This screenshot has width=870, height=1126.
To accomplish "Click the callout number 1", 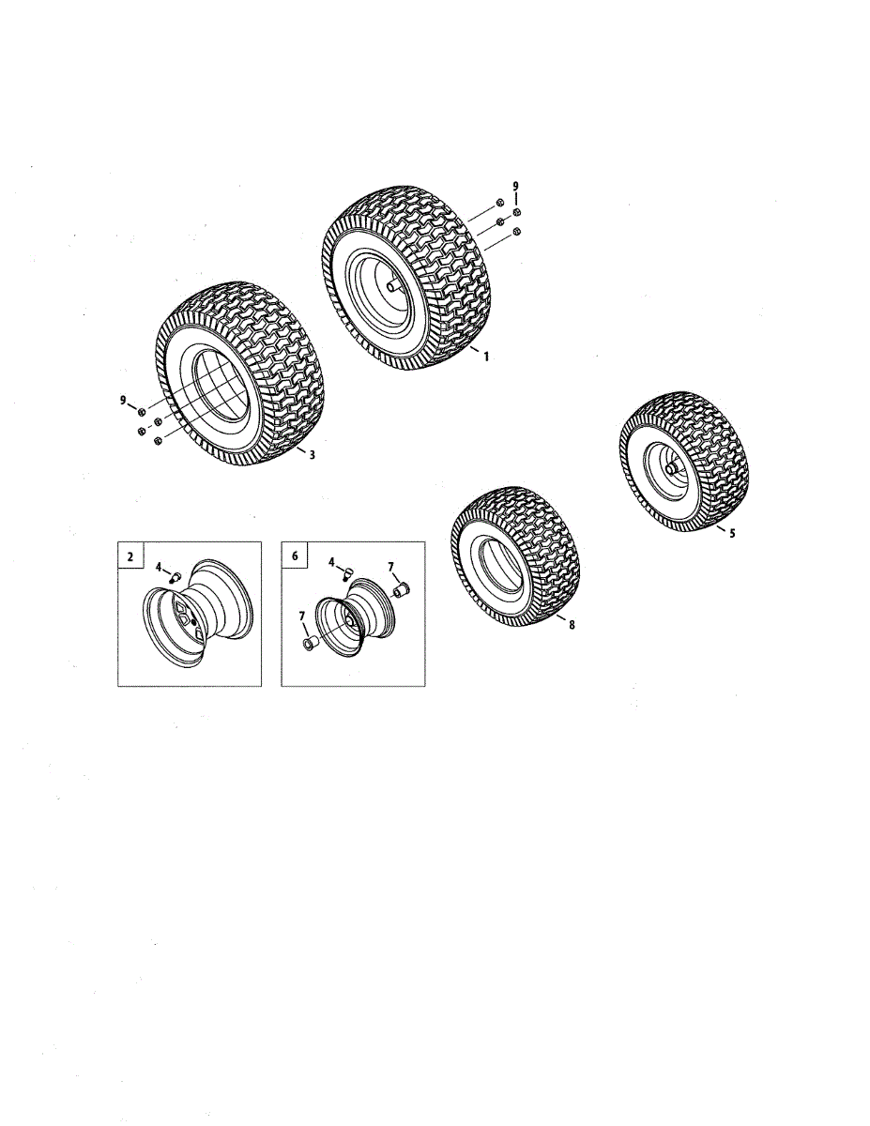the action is pyautogui.click(x=486, y=357).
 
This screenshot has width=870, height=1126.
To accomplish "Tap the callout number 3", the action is pyautogui.click(x=312, y=455).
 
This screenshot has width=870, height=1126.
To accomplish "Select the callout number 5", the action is pyautogui.click(x=732, y=533).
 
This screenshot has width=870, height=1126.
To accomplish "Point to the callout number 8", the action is pyautogui.click(x=572, y=626).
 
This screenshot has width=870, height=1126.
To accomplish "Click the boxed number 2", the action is pyautogui.click(x=130, y=556).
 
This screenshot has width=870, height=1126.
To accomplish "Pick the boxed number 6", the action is pyautogui.click(x=295, y=556).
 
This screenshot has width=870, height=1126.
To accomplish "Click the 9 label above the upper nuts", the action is pyautogui.click(x=515, y=187).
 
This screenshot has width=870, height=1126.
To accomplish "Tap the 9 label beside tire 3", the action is pyautogui.click(x=123, y=400).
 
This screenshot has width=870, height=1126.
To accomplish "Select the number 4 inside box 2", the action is pyautogui.click(x=160, y=567).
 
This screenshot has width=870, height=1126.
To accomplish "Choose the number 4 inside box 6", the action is pyautogui.click(x=332, y=562).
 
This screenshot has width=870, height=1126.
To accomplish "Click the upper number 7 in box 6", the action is pyautogui.click(x=391, y=568).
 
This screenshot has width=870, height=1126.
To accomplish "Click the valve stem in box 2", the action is pyautogui.click(x=176, y=576).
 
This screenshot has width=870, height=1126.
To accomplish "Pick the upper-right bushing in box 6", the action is pyautogui.click(x=403, y=589).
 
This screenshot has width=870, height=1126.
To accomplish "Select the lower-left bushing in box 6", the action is pyautogui.click(x=310, y=644).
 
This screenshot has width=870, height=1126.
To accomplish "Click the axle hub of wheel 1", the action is pyautogui.click(x=393, y=284).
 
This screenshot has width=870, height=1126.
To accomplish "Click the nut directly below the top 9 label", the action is pyautogui.click(x=516, y=212).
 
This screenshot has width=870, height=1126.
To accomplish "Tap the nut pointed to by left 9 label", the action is pyautogui.click(x=141, y=411).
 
